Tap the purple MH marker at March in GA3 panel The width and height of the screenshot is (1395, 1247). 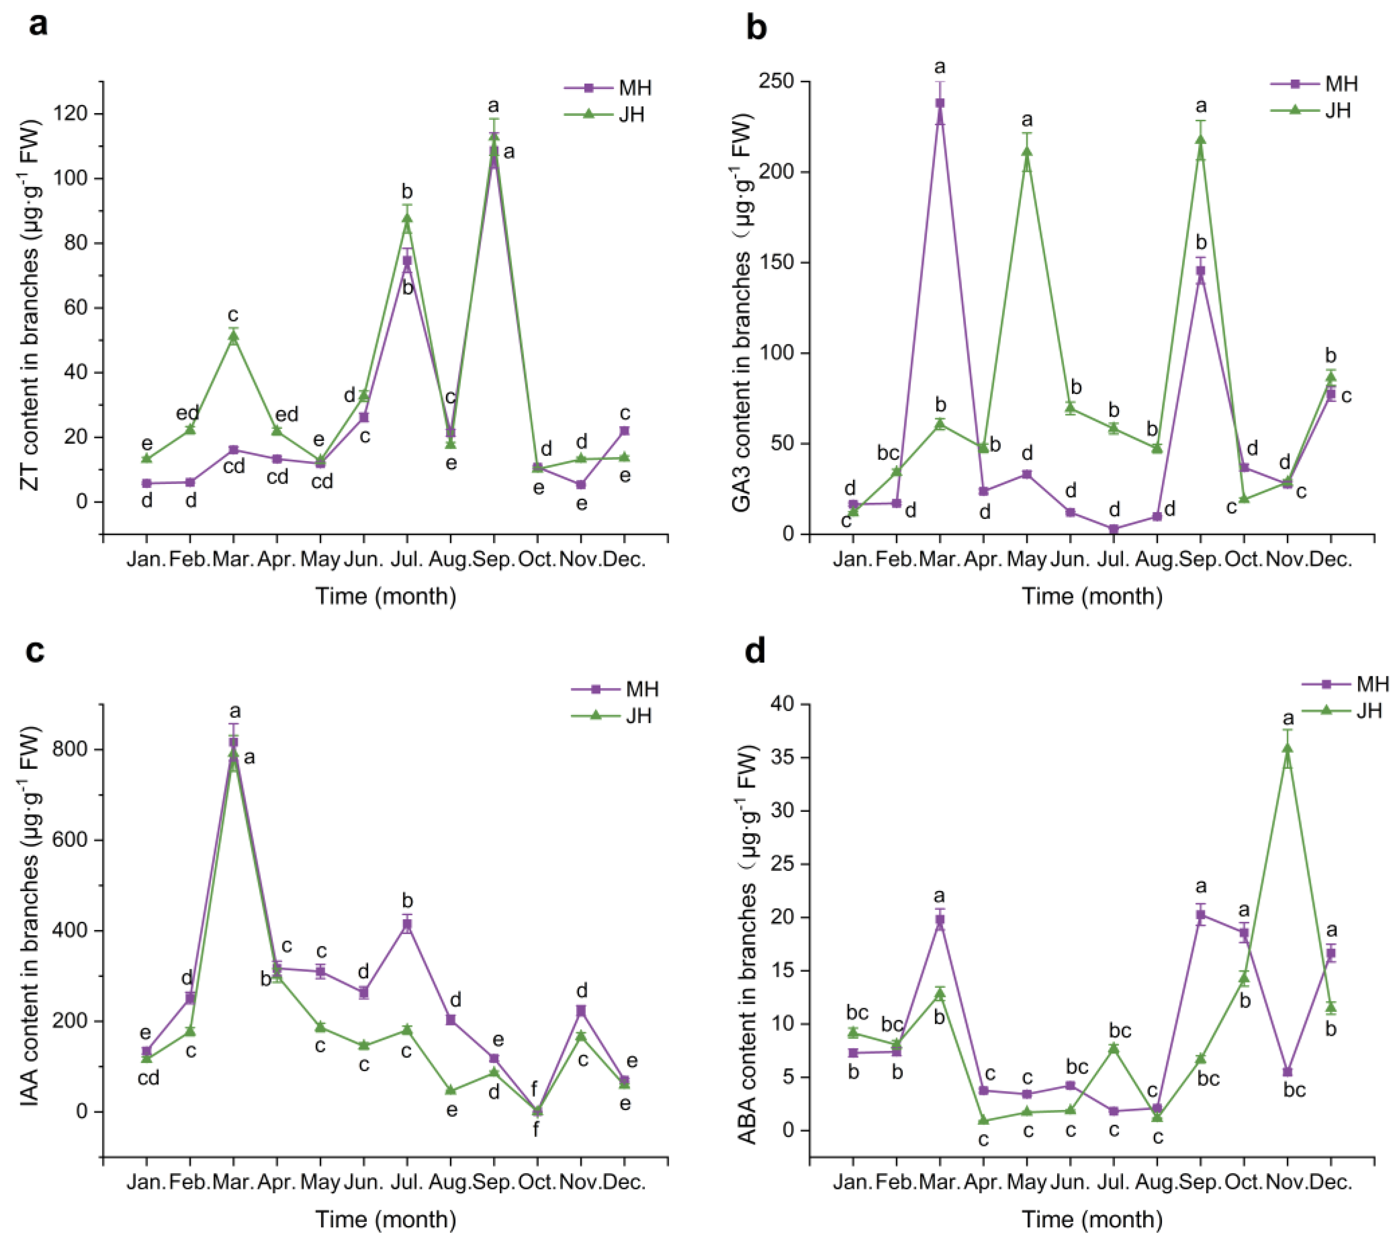pos(940,103)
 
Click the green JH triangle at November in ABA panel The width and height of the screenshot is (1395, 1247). pos(1287,748)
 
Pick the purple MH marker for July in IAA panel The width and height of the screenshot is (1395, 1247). pos(407,924)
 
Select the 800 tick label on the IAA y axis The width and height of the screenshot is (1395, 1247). pos(71,750)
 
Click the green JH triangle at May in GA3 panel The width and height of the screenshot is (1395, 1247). pos(1026,152)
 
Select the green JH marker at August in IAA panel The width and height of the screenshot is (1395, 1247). pos(451,1090)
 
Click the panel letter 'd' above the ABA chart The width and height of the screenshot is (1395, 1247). pos(755,649)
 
